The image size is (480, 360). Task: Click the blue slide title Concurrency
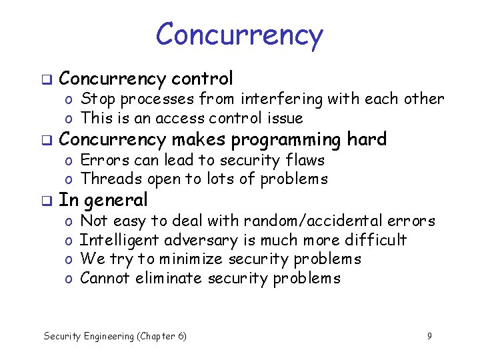tap(239, 35)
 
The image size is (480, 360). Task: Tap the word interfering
tap(281, 99)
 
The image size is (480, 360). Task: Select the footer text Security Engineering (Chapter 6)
tap(115, 336)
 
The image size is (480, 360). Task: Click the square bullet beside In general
tap(47, 201)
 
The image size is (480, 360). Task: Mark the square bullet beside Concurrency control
tap(47, 79)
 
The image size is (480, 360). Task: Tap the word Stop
tap(97, 99)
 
